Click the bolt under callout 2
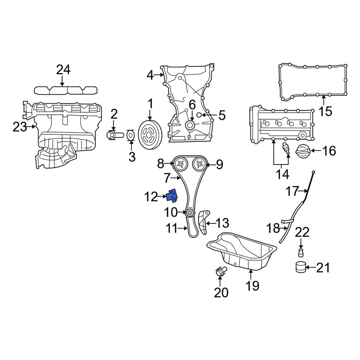coord(113,135)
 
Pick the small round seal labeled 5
coord(203,115)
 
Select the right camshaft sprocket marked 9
coord(199,165)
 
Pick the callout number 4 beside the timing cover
coord(150,75)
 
